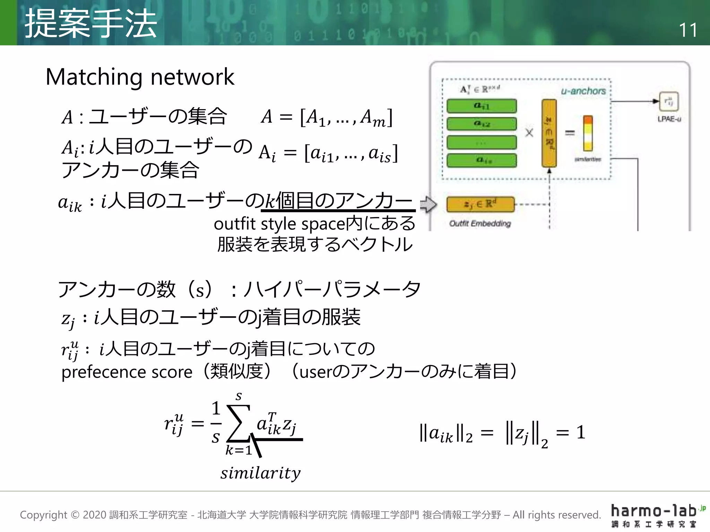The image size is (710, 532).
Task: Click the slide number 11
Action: pos(687,30)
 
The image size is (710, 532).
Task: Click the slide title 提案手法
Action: pos(91,24)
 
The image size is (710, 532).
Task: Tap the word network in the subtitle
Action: pos(192,77)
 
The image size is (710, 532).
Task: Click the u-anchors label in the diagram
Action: pos(583,91)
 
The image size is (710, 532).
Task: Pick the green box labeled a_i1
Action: pos(481,106)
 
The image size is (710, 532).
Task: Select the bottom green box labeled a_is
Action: pos(481,160)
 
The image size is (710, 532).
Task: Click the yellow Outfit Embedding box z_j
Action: pos(480,204)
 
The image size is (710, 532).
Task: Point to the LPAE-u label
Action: pos(669,119)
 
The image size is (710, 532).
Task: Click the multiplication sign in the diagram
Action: pos(529,133)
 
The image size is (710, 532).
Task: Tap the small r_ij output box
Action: pos(669,101)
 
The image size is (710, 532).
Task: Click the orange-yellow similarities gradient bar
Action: pos(588,133)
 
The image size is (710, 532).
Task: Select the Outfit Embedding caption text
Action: pos(480,223)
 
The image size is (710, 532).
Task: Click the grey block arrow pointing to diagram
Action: pos(428,204)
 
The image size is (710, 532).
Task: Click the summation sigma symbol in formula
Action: pos(238,423)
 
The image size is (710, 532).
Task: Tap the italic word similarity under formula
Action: pos(260,473)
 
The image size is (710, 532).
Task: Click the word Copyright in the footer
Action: pos(43,515)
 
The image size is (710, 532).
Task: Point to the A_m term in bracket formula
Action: pos(373,118)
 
